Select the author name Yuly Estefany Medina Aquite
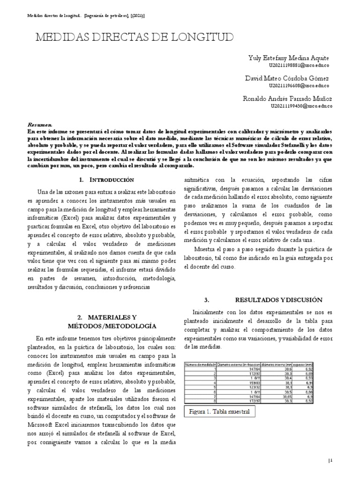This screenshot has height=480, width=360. click(x=288, y=58)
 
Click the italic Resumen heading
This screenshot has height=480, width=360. click(x=40, y=125)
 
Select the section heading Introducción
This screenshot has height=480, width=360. click(x=112, y=180)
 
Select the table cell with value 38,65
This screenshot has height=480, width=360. click(x=279, y=396)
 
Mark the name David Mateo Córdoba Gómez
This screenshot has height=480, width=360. click(x=287, y=78)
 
